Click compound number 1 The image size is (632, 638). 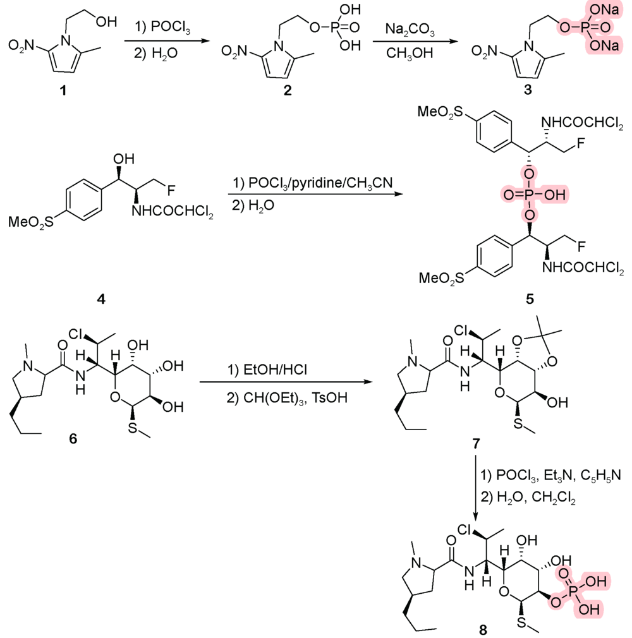62,91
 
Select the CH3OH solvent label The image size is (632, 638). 410,54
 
